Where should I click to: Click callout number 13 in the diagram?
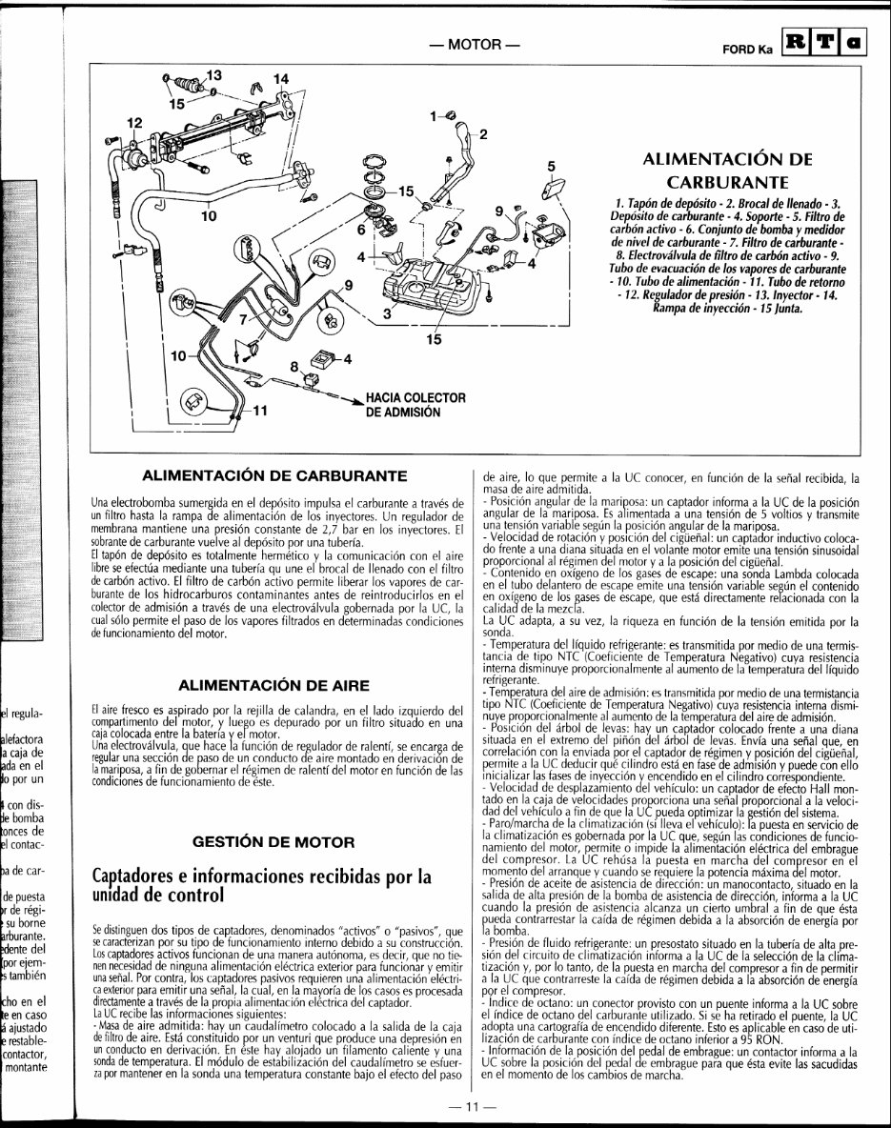click(x=213, y=74)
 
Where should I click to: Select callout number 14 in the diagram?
click(x=280, y=78)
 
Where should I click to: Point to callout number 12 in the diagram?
click(x=134, y=123)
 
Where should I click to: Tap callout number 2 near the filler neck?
click(x=482, y=134)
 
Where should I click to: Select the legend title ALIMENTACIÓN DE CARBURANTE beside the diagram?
click(x=726, y=170)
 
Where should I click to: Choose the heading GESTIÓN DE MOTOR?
click(x=274, y=841)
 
